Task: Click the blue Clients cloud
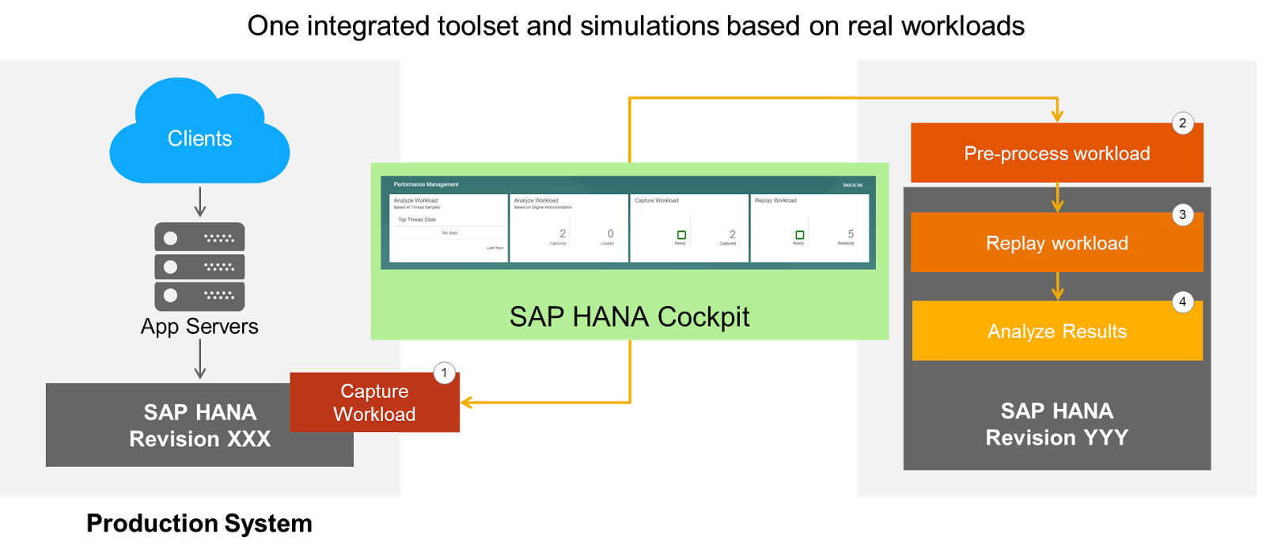pyautogui.click(x=199, y=138)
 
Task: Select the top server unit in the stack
pyautogui.click(x=199, y=237)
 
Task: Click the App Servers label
pyautogui.click(x=199, y=327)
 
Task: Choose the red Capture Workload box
pyautogui.click(x=374, y=403)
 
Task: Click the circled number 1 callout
pyautogui.click(x=445, y=373)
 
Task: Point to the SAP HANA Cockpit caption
pyautogui.click(x=629, y=316)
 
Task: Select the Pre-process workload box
pyautogui.click(x=1056, y=153)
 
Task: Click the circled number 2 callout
pyautogui.click(x=1182, y=123)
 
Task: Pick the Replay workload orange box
pyautogui.click(x=1056, y=244)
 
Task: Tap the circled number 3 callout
pyautogui.click(x=1182, y=215)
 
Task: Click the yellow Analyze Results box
pyautogui.click(x=1056, y=331)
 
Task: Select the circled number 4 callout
pyautogui.click(x=1182, y=302)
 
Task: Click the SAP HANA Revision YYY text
pyautogui.click(x=1056, y=424)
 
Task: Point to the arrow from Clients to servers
pyautogui.click(x=200, y=202)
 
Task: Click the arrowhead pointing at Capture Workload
pyautogui.click(x=466, y=403)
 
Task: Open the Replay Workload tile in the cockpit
pyautogui.click(x=809, y=228)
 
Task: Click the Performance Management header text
pyautogui.click(x=426, y=184)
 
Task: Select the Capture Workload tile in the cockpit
pyautogui.click(x=688, y=228)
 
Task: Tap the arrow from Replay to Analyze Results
pyautogui.click(x=1057, y=286)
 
